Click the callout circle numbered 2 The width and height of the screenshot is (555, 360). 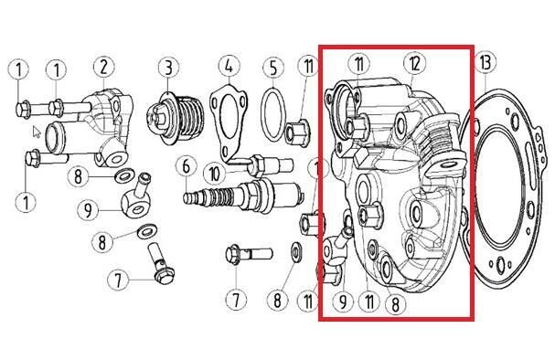point(103,67)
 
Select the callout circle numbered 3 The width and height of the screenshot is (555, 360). point(168,68)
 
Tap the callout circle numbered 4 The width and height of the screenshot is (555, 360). point(229,66)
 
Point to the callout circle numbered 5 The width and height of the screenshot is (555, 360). point(273,68)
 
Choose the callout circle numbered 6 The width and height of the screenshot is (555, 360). point(187,166)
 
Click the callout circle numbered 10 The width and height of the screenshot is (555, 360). point(215,174)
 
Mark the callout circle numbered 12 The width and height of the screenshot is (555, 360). point(415,64)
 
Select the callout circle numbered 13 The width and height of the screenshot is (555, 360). point(486,63)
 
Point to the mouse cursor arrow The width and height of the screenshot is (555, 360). point(37,132)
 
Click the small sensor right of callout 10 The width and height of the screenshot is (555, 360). point(271,165)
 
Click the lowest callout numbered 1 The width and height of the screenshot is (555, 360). point(26,202)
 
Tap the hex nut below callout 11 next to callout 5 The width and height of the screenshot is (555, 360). point(298,133)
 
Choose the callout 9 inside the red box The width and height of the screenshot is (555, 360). point(343,302)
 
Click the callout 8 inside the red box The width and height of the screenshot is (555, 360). point(395,303)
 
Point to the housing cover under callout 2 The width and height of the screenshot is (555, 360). point(106,127)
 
